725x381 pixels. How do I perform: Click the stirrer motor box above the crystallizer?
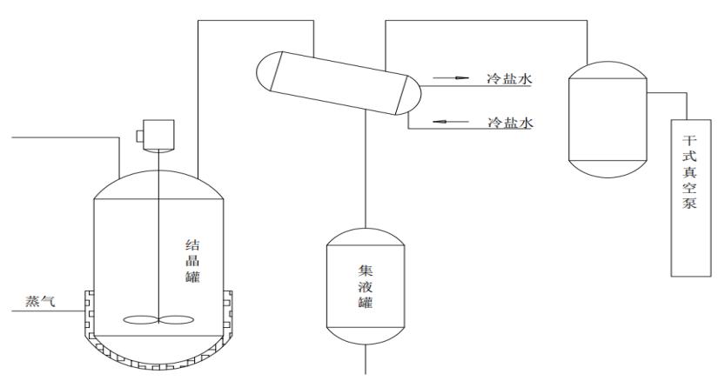[151, 135]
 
